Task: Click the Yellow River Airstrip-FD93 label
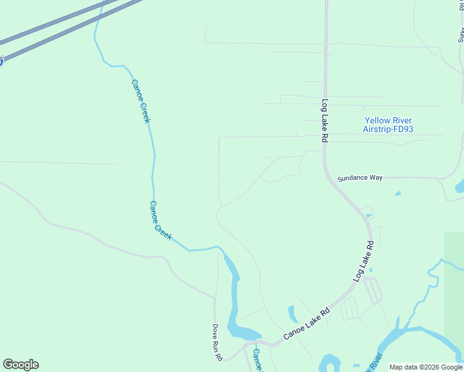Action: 388,125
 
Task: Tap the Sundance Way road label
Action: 360,178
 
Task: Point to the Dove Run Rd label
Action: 217,342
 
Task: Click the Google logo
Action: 20,365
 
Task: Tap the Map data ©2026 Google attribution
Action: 426,367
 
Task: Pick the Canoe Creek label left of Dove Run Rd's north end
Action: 161,221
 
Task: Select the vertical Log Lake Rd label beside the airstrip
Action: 324,121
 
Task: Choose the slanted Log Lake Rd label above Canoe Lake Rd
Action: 364,262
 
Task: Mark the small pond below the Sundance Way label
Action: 398,194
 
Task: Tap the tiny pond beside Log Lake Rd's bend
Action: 369,216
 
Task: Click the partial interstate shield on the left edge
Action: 1,61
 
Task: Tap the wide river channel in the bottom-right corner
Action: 428,338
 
